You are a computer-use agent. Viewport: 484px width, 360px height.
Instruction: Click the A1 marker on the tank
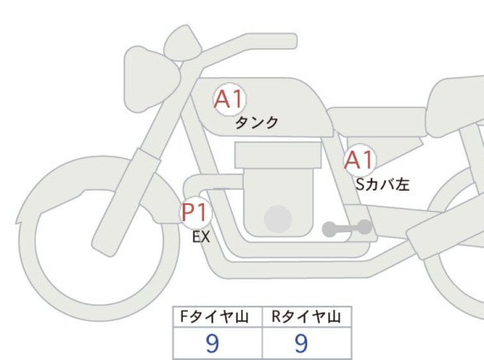pyautogui.click(x=229, y=99)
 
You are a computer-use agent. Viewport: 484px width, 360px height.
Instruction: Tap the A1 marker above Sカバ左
pyautogui.click(x=360, y=160)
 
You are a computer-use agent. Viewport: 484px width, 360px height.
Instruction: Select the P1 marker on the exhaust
pyautogui.click(x=196, y=212)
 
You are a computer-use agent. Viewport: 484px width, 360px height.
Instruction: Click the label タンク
pyautogui.click(x=257, y=123)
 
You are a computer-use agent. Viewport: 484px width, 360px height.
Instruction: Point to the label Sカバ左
pyautogui.click(x=383, y=184)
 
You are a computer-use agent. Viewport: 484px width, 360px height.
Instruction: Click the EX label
pyautogui.click(x=201, y=237)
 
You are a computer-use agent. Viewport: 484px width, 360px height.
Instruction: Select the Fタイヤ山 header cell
pyautogui.click(x=217, y=316)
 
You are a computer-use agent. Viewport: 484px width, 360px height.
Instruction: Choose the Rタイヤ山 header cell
pyautogui.click(x=306, y=316)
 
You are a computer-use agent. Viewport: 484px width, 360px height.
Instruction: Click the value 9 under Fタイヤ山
pyautogui.click(x=212, y=343)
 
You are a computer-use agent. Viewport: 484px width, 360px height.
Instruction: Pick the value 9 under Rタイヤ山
pyautogui.click(x=301, y=343)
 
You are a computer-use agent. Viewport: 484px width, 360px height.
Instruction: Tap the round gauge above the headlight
pyautogui.click(x=183, y=43)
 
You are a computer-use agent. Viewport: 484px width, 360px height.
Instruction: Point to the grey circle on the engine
pyautogui.click(x=278, y=219)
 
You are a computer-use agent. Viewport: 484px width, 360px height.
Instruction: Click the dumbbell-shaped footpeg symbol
pyautogui.click(x=347, y=228)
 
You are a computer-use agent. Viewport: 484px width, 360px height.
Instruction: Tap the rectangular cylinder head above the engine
pyautogui.click(x=278, y=155)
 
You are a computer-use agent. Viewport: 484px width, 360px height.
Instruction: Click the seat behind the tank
pyautogui.click(x=377, y=122)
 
